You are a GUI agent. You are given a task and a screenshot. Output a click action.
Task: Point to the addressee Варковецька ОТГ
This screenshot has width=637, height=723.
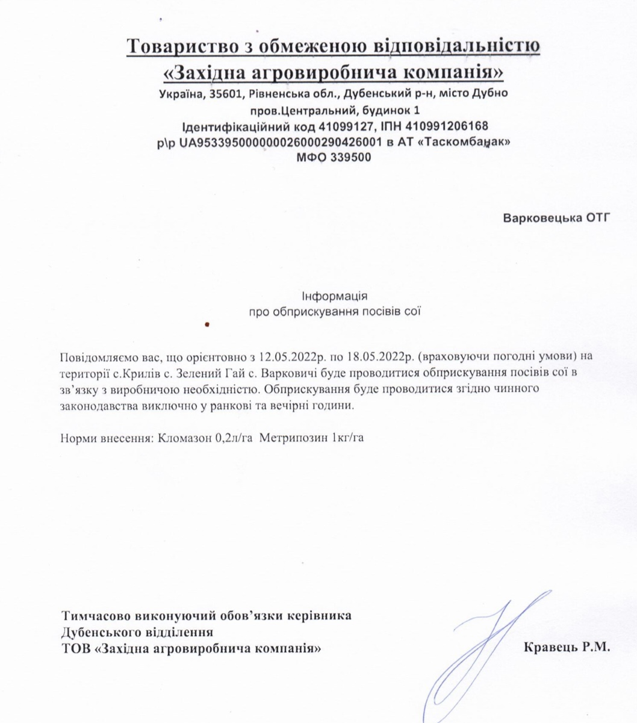[556, 217]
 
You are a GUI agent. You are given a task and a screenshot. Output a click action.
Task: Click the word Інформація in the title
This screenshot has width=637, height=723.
[334, 297]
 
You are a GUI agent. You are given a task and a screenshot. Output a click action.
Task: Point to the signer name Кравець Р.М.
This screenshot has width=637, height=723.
[567, 648]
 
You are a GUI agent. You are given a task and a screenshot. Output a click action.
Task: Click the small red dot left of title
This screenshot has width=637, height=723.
[207, 324]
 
